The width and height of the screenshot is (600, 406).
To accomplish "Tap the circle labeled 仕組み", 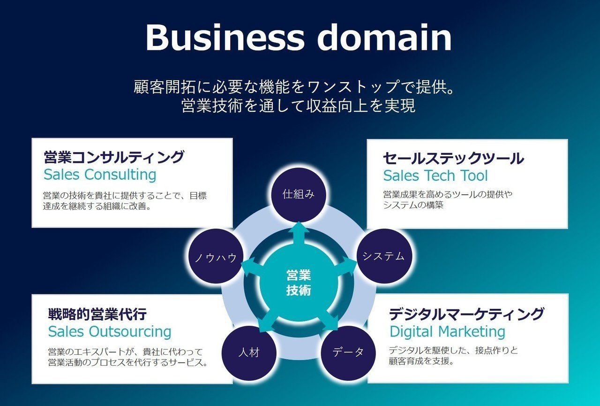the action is pyautogui.click(x=299, y=195).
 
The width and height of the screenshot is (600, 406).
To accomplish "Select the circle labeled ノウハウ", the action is pyautogui.click(x=216, y=256).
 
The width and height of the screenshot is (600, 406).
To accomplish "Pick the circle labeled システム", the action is pyautogui.click(x=384, y=256).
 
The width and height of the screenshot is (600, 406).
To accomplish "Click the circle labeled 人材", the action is pyautogui.click(x=249, y=353).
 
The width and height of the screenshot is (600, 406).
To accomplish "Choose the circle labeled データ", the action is pyautogui.click(x=348, y=353).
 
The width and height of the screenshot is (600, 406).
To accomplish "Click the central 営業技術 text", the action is pyautogui.click(x=299, y=283).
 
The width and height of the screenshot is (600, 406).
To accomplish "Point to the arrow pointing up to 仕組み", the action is pyautogui.click(x=299, y=233).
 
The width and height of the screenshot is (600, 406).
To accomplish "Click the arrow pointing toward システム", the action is pyautogui.click(x=345, y=267).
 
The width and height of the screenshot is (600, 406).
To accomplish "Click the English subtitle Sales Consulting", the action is pyautogui.click(x=100, y=175).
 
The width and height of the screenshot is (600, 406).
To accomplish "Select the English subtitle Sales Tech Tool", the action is pyautogui.click(x=435, y=176).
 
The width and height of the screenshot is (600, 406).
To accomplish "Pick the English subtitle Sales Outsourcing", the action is pyautogui.click(x=110, y=332).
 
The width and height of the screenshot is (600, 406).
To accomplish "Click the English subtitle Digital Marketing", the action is pyautogui.click(x=447, y=332).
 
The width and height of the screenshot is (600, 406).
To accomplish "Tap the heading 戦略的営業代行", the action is pyautogui.click(x=97, y=314).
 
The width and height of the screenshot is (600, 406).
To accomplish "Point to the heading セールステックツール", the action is pyautogui.click(x=453, y=158).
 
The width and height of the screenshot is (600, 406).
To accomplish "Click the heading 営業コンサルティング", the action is pyautogui.click(x=114, y=157).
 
